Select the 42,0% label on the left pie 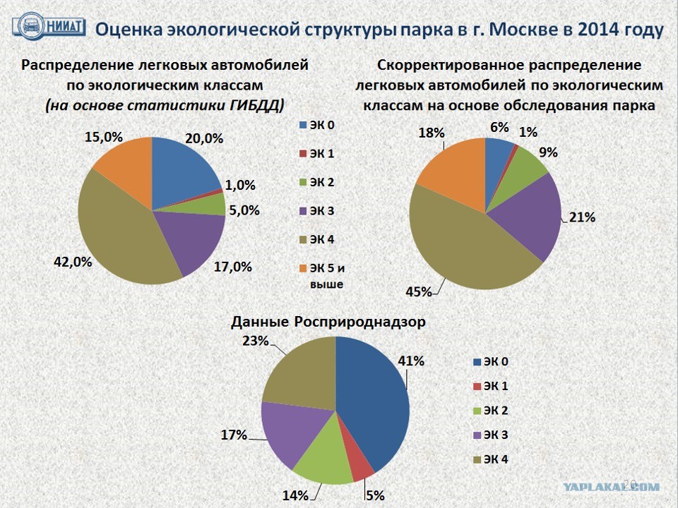[x=73, y=262]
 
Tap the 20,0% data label [x=203, y=139]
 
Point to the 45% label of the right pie [x=419, y=291]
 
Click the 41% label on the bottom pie [x=411, y=361]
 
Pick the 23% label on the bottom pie [x=255, y=341]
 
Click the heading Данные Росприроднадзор [x=328, y=322]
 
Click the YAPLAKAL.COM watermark [x=612, y=486]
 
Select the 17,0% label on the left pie [x=232, y=267]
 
